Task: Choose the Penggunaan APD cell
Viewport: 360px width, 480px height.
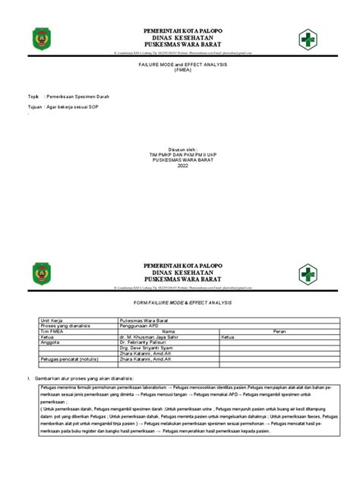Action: tap(140, 326)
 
